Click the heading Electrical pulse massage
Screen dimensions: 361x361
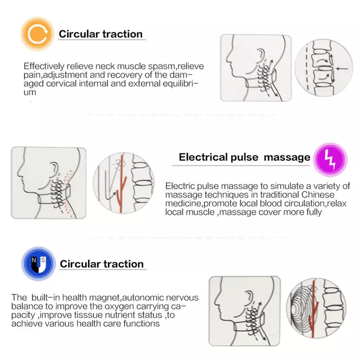point(244,157)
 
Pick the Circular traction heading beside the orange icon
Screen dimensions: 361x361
point(101,34)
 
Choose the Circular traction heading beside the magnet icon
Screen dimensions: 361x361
point(102,264)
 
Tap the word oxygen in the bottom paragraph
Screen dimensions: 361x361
point(107,306)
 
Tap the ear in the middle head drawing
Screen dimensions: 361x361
point(54,168)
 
